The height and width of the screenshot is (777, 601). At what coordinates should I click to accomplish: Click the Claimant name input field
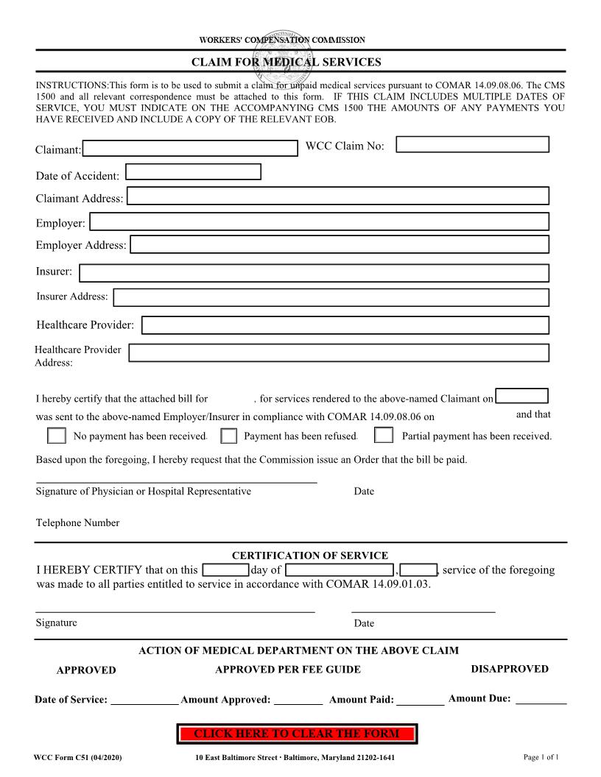pyautogui.click(x=189, y=149)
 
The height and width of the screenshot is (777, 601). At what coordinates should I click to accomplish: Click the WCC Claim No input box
pyautogui.click(x=473, y=144)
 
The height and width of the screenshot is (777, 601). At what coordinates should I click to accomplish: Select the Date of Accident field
pyautogui.click(x=194, y=172)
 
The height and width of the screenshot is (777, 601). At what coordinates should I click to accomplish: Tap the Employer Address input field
pyautogui.click(x=340, y=244)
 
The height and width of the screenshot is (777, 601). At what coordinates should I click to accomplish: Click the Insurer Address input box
pyautogui.click(x=331, y=297)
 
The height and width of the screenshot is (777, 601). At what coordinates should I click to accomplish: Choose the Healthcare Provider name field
pyautogui.click(x=345, y=325)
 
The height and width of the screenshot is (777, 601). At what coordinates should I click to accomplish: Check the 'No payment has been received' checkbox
pyautogui.click(x=57, y=436)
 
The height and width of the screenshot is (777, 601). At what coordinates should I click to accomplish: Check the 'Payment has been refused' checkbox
pyautogui.click(x=229, y=436)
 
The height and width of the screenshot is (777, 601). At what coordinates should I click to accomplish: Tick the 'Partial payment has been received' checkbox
pyautogui.click(x=383, y=436)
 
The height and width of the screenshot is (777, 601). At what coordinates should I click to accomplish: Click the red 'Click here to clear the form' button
pyautogui.click(x=297, y=734)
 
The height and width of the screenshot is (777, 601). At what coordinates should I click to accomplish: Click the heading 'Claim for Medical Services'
pyautogui.click(x=286, y=62)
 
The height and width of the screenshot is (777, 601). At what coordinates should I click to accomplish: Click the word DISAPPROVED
pyautogui.click(x=510, y=669)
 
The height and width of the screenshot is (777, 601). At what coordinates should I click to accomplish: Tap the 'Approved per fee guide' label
pyautogui.click(x=288, y=670)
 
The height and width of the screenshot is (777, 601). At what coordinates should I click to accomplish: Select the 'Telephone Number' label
pyautogui.click(x=77, y=523)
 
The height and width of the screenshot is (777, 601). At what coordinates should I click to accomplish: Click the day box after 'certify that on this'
pyautogui.click(x=225, y=570)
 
